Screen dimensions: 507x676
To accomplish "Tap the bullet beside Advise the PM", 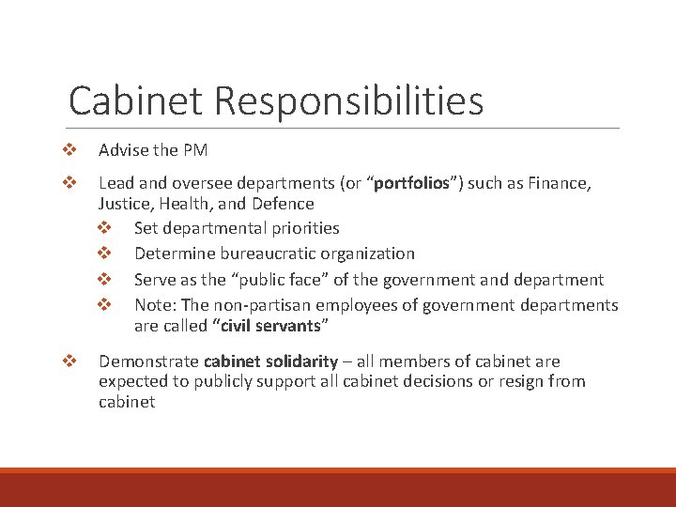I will point(67,150).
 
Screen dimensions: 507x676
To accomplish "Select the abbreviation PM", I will point(195,150).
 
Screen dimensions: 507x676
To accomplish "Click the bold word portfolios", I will point(410,184).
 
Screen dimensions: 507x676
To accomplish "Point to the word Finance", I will point(561,184).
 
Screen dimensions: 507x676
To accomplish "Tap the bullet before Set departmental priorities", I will point(103,228).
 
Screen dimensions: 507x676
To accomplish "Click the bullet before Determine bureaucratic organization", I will point(103,253).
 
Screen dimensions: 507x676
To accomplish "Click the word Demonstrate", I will point(148,361).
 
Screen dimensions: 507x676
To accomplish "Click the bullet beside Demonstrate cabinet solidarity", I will point(67,361).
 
